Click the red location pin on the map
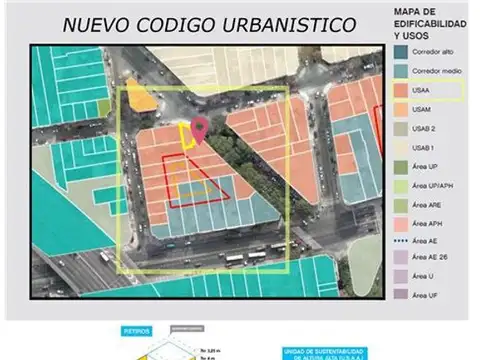[200, 129]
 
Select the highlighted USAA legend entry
[423, 90]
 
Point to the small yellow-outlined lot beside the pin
[187, 137]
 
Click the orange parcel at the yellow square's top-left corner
[143, 99]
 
